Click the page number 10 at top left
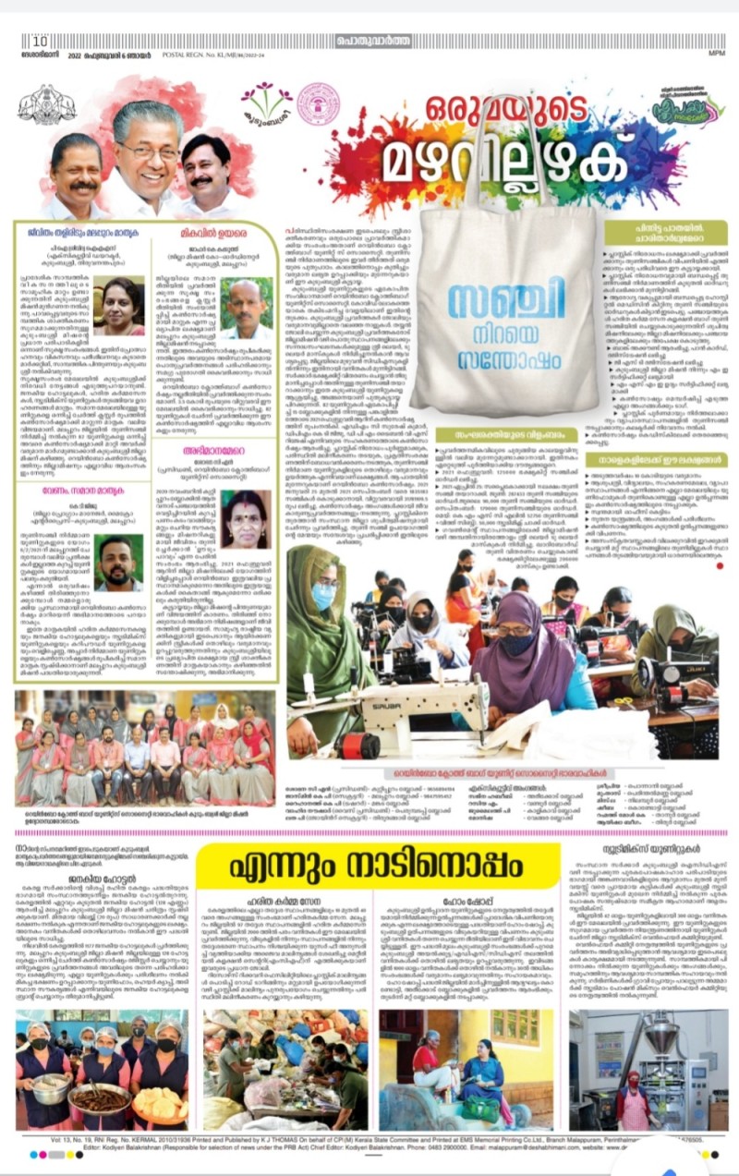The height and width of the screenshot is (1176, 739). coord(40,41)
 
